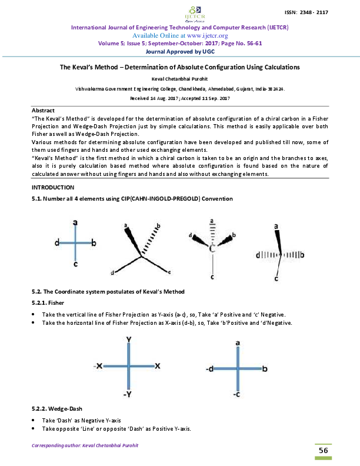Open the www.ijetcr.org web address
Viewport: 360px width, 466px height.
pos(204,35)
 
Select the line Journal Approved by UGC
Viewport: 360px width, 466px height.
pos(179,51)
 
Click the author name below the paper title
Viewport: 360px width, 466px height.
pos(179,78)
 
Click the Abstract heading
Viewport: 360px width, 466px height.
pos(43,111)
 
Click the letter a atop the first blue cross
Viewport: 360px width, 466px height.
pos(75,222)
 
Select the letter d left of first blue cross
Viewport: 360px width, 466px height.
pos(56,242)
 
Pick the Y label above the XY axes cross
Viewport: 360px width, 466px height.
pos(128,339)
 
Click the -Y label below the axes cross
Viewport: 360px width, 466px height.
pos(128,394)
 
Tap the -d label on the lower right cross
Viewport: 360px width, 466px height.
pos(209,369)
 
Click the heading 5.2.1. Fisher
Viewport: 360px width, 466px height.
pos(48,303)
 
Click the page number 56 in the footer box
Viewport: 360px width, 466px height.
pos(323,450)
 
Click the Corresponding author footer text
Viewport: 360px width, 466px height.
pos(85,445)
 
